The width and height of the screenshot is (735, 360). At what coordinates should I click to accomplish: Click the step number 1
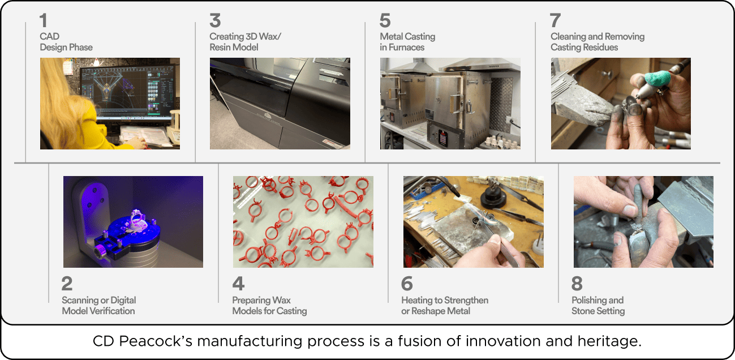point(44,20)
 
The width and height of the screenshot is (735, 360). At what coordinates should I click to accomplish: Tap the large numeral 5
point(385,20)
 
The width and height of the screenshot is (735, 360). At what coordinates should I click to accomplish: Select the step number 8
point(577,284)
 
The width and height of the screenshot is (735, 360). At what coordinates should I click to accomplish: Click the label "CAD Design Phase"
point(66,42)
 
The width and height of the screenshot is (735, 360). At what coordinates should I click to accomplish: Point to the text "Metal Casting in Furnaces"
point(407,42)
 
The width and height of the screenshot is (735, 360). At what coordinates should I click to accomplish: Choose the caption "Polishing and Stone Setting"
point(598,305)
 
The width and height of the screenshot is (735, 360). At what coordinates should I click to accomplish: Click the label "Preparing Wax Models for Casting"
point(269,305)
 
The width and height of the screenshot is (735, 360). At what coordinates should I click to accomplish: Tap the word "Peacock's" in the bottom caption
point(156,341)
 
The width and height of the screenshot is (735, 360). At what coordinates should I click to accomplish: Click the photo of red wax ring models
point(303,222)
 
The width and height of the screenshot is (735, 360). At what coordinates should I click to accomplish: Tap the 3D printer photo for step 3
point(280,104)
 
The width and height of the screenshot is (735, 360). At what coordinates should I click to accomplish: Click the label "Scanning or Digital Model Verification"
point(98,305)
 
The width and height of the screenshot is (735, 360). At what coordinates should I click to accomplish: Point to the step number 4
point(238,284)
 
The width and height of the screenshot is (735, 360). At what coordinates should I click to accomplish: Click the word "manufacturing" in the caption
point(250,341)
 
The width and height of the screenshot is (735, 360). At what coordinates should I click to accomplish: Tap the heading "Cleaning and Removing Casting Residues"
point(598,42)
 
